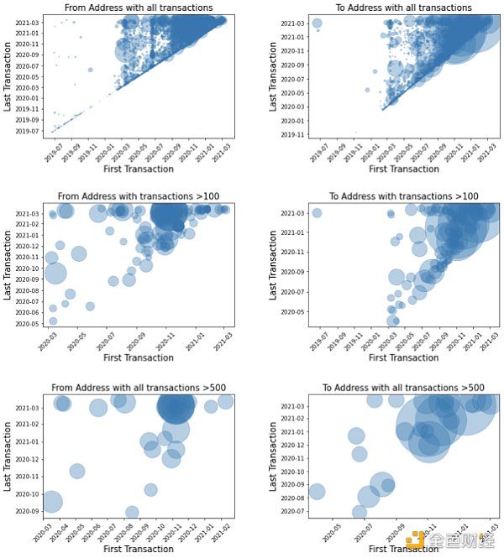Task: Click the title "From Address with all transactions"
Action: pos(139,8)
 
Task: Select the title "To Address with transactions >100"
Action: pos(404,196)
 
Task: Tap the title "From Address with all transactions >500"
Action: pos(139,388)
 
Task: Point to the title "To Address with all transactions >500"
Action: pos(404,388)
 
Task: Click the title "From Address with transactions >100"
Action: pos(139,196)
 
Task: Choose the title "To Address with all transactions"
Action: pos(404,8)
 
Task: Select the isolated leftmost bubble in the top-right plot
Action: pos(317,23)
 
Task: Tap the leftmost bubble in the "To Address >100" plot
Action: pos(317,213)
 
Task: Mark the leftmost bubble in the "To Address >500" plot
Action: pos(316,492)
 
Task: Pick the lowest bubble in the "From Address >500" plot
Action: pos(132,513)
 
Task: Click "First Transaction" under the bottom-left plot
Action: pos(139,549)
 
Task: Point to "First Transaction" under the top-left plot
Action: pos(139,168)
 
